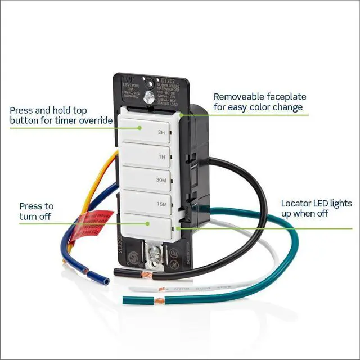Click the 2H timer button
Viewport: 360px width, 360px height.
click(x=146, y=129)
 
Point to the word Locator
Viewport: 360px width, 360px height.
click(x=296, y=203)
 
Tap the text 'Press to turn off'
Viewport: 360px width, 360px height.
click(x=37, y=211)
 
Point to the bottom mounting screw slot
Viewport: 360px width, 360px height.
click(x=151, y=254)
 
